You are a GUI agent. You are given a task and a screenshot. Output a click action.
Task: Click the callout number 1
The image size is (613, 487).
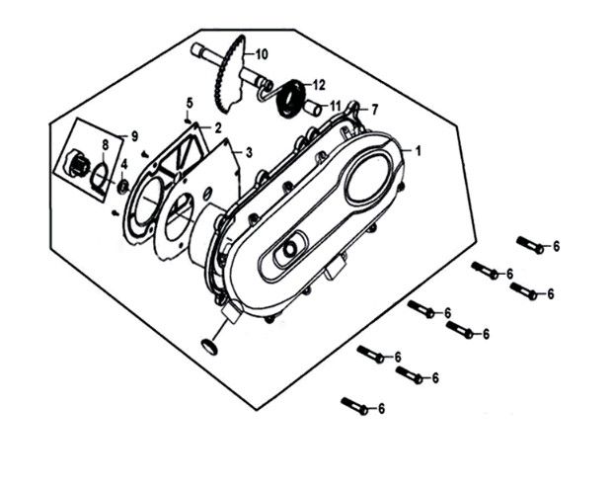click(x=418, y=151)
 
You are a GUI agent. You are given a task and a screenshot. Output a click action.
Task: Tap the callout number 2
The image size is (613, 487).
click(x=217, y=127)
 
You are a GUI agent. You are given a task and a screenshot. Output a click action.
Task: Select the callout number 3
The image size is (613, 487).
click(x=249, y=152)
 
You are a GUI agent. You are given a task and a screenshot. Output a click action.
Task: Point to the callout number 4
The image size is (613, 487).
click(x=124, y=165)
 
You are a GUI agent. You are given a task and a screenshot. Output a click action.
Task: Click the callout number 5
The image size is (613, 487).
click(x=190, y=104)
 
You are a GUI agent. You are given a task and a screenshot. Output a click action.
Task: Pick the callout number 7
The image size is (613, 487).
click(x=374, y=110)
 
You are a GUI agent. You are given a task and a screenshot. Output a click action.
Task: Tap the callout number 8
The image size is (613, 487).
click(x=105, y=145)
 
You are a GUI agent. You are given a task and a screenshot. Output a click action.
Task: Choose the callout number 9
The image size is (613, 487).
click(x=134, y=136)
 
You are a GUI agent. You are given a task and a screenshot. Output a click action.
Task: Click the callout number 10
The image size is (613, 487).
click(x=262, y=54)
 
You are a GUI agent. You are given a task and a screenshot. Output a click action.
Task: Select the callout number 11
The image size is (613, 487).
click(x=335, y=106)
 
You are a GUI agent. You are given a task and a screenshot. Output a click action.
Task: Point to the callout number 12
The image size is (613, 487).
click(x=319, y=85)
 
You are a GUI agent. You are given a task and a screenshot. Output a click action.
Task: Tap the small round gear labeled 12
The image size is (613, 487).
click(x=291, y=98)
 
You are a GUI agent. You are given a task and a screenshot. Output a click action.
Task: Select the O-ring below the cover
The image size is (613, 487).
click(x=208, y=347)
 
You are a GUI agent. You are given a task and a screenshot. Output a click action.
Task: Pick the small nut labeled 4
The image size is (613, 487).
click(x=124, y=187)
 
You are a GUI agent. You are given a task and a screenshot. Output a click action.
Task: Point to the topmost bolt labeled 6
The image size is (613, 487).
click(x=530, y=245)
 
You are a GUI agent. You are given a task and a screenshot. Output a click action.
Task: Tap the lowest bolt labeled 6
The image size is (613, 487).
click(x=354, y=406)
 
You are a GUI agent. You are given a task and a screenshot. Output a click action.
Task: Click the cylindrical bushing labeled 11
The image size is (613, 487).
click(x=314, y=107)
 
